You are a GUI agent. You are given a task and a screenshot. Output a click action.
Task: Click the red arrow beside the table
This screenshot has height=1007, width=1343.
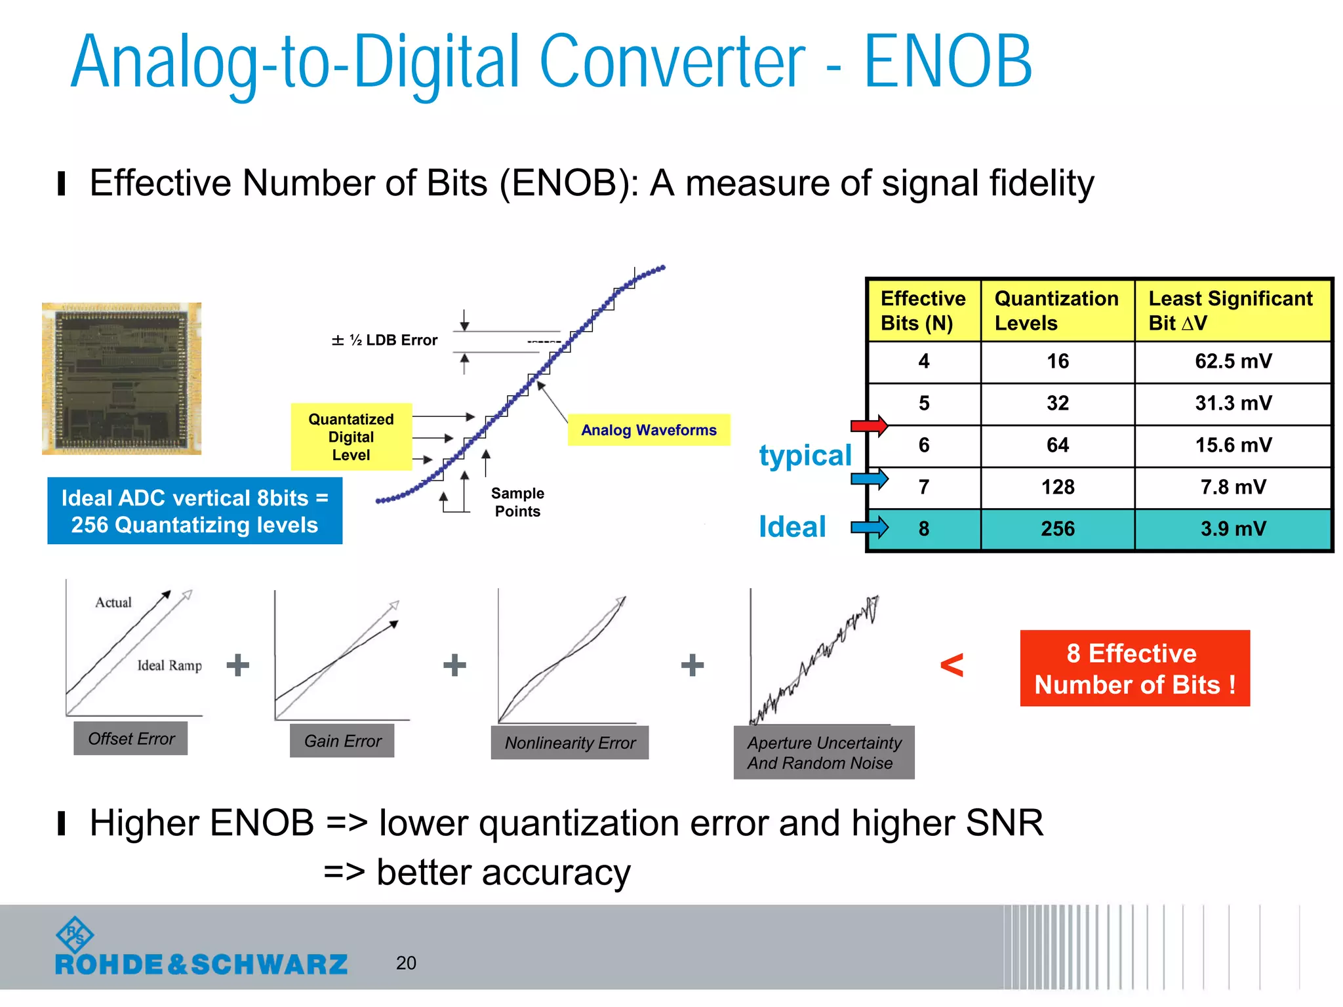869,425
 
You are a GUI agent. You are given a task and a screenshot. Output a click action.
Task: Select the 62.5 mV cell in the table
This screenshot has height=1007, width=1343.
1233,361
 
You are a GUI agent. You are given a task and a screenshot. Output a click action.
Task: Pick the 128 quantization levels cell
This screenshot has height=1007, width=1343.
1057,487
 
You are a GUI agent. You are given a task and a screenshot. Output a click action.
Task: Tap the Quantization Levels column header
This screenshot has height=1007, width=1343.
1056,311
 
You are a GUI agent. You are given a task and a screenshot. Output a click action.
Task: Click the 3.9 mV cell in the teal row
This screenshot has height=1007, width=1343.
1233,528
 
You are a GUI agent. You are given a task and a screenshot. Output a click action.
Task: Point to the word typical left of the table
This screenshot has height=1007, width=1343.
805,455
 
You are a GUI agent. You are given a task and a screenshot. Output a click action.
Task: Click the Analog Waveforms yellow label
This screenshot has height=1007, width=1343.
649,430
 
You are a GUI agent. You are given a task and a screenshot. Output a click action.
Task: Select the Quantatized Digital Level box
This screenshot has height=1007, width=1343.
351,437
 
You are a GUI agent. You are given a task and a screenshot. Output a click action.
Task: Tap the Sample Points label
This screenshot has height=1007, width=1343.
517,502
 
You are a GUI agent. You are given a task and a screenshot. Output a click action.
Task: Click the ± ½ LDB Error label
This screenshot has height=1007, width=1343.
384,340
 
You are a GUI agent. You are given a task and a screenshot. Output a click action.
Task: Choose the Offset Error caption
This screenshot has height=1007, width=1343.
131,739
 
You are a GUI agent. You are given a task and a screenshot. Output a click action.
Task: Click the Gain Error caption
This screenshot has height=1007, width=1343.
342,741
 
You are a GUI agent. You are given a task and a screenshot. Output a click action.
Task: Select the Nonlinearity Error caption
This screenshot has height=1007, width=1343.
569,743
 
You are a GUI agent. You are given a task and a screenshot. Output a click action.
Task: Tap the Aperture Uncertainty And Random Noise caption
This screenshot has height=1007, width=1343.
824,753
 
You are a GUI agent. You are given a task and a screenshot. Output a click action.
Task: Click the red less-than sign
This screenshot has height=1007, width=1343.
952,665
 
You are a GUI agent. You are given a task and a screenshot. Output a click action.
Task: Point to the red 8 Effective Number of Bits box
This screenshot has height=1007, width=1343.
1134,669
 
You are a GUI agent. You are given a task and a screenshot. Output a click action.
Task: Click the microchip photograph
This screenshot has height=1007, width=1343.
122,378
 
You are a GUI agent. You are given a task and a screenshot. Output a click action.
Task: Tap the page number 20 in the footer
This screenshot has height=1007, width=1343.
406,962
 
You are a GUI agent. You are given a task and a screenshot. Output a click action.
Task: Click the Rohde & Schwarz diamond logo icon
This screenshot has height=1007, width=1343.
75,934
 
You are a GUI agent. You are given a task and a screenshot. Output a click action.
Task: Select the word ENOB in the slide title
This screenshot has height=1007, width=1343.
948,62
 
